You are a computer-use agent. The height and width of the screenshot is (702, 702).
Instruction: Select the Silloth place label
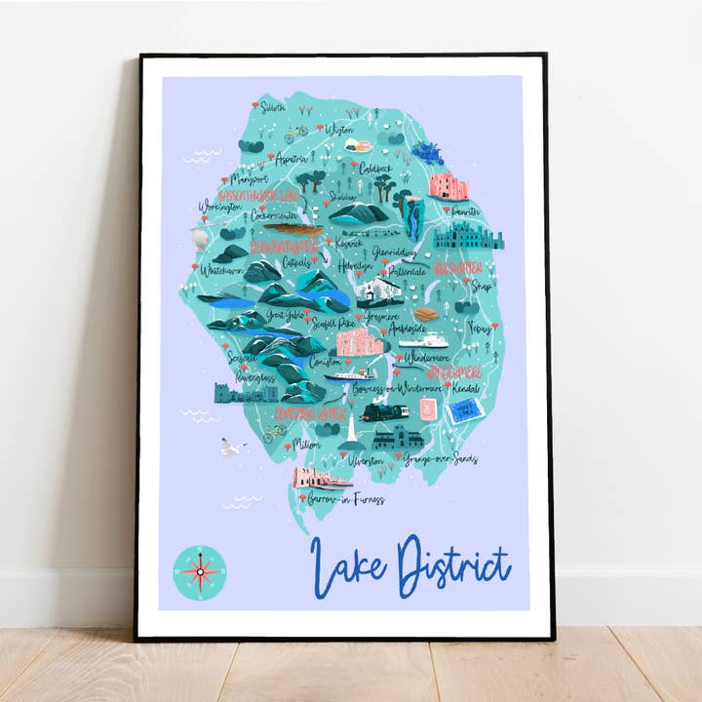point(272,107)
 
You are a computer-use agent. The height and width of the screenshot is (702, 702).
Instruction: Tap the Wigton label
point(339,129)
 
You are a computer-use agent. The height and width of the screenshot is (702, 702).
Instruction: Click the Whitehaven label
point(219,270)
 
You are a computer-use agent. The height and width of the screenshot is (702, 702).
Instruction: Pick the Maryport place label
point(248,179)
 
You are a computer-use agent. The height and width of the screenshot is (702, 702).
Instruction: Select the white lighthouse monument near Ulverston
point(348,429)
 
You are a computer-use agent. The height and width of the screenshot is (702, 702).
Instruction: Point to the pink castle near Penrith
point(448,185)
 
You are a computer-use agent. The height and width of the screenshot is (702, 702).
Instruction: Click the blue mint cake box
point(463,411)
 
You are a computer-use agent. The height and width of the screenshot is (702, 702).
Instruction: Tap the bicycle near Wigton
point(296,133)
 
